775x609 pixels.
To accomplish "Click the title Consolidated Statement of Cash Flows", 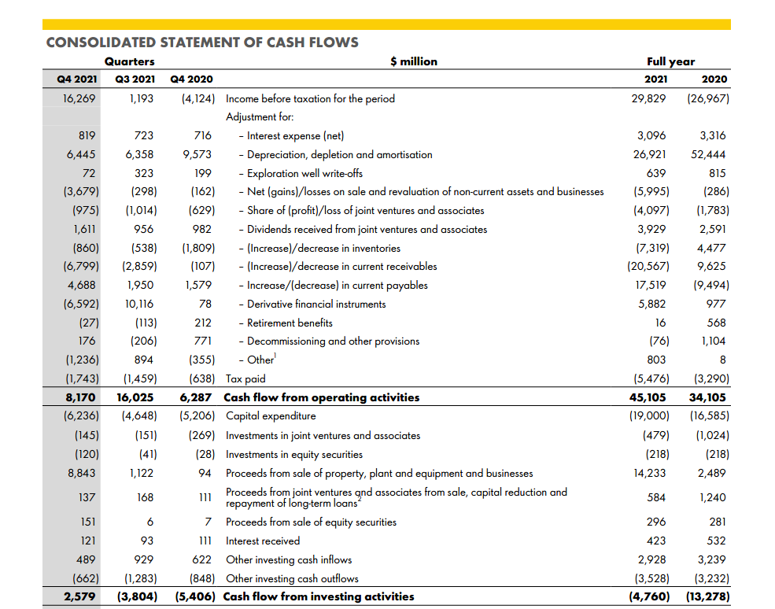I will click(202, 42).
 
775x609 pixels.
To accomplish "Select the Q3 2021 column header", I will click(134, 79).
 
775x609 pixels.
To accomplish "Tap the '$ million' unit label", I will click(413, 61).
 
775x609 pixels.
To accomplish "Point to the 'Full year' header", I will click(670, 61).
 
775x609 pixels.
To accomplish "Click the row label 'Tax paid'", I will click(245, 378).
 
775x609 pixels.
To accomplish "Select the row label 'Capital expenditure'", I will click(271, 416).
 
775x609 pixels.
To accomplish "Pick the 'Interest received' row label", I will click(263, 541).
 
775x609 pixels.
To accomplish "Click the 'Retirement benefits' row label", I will click(290, 323).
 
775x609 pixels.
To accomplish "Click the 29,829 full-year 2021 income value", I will click(650, 99).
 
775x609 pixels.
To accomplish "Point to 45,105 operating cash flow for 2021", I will click(650, 397).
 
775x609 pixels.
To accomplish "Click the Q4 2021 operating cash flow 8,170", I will click(80, 397).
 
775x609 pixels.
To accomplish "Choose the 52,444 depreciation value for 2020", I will click(709, 155).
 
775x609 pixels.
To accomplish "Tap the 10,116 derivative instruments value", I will click(138, 304).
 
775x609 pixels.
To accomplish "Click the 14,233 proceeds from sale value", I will click(650, 473).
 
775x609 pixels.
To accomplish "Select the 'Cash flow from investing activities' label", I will click(319, 596).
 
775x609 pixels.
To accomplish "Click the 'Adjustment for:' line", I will click(260, 117).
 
